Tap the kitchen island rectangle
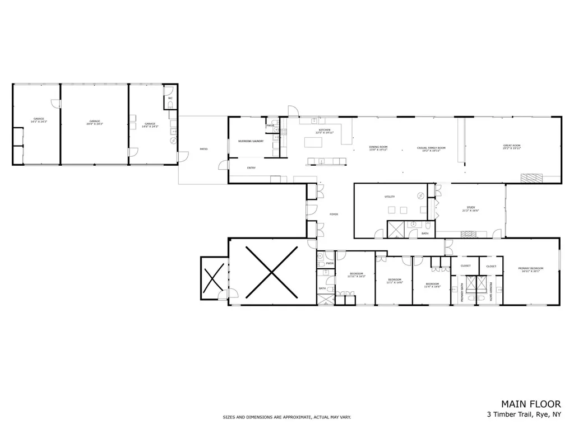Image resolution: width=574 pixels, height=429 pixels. [x=314, y=142]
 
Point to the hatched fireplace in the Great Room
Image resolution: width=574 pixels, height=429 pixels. [x=531, y=179]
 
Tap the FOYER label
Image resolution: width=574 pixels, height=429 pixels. [x=334, y=214]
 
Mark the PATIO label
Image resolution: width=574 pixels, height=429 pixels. [x=203, y=149]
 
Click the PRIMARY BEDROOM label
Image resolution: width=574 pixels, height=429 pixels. [x=530, y=270]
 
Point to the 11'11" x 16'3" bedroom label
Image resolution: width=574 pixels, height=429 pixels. [x=355, y=275]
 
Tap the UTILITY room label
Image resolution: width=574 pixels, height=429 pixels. [x=390, y=197]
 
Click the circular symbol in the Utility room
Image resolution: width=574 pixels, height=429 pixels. [x=420, y=195]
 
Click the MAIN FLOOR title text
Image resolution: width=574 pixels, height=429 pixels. [x=530, y=404]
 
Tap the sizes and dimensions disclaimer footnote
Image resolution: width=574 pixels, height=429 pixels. [x=286, y=417]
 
